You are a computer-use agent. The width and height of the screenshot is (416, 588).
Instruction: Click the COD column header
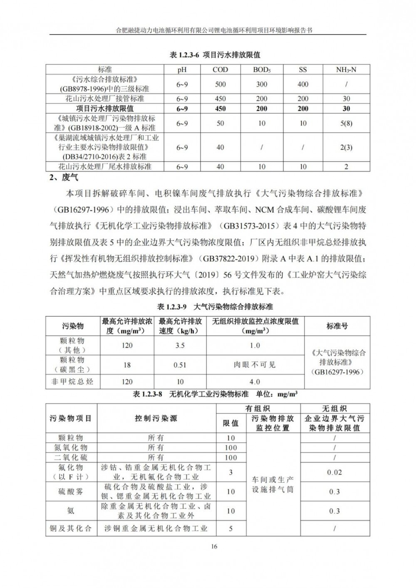click(x=220, y=70)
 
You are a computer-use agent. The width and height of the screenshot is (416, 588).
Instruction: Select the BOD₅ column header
click(x=262, y=70)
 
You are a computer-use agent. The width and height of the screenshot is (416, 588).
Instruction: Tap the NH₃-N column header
click(x=346, y=70)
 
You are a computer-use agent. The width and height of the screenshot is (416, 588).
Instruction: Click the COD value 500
click(x=220, y=84)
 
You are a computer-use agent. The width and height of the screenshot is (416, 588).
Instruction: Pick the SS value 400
click(x=303, y=84)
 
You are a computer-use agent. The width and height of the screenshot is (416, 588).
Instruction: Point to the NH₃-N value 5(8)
click(x=346, y=124)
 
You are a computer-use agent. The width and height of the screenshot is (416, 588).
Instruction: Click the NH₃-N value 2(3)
click(x=346, y=147)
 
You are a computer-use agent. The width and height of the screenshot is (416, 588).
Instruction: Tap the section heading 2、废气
click(x=64, y=178)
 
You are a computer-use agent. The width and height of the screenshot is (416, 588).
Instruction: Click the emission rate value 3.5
click(x=180, y=346)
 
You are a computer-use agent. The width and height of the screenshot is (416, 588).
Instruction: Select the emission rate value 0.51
click(x=180, y=365)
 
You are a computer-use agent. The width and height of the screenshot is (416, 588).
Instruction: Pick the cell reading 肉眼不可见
click(x=255, y=365)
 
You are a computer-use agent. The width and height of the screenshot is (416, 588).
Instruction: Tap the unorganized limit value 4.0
click(x=255, y=382)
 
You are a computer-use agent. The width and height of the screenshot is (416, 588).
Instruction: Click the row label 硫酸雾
click(x=71, y=492)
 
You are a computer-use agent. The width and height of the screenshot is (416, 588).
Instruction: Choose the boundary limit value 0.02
click(x=334, y=472)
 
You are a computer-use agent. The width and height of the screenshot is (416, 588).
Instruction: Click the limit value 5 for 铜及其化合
click(x=231, y=529)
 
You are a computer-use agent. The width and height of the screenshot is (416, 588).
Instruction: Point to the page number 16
click(x=214, y=546)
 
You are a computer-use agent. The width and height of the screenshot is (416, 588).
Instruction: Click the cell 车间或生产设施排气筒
click(x=273, y=484)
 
